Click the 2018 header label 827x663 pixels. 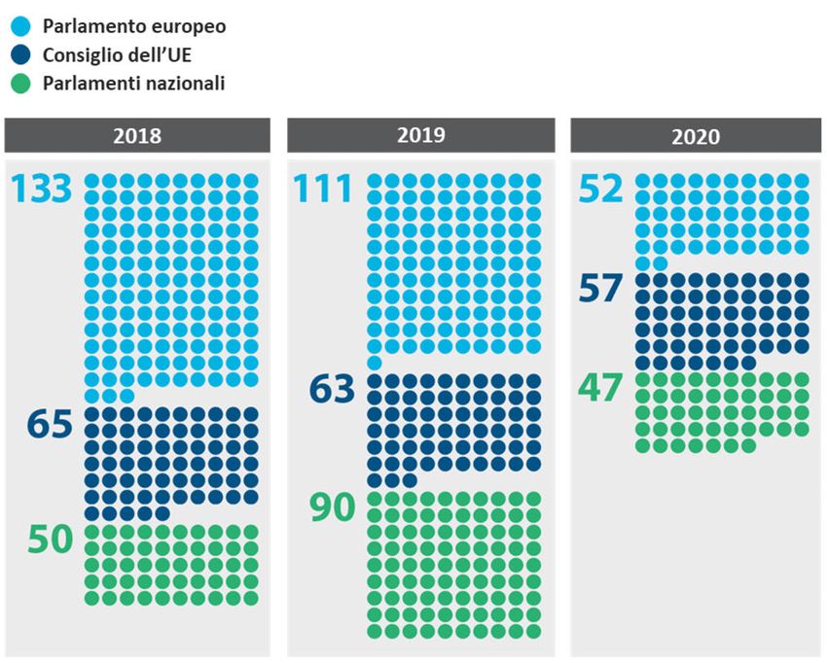tap(137, 136)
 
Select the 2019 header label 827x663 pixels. tap(420, 135)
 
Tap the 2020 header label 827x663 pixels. tap(696, 136)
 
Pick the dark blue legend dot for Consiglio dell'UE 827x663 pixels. tap(20, 55)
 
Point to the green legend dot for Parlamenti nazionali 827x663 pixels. tap(20, 84)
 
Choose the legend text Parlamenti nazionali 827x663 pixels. tap(133, 84)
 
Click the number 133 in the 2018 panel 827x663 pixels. tap(43, 190)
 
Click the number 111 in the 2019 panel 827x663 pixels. tap(324, 190)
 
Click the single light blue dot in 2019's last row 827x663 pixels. tap(375, 363)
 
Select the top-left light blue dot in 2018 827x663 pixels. tap(93, 181)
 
